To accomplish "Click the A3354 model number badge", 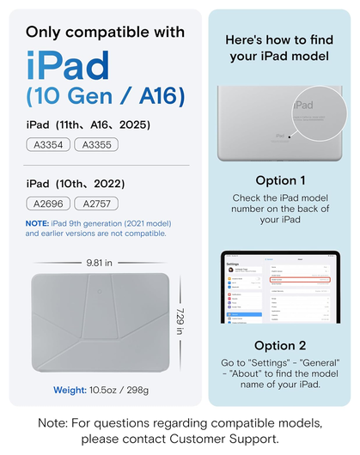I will pyautogui.click(x=48, y=144).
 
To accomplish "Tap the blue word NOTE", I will pyautogui.click(x=38, y=223).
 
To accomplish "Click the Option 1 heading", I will pyautogui.click(x=280, y=180).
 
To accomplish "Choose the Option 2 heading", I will pyautogui.click(x=280, y=345).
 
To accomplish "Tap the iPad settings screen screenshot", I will pyautogui.click(x=280, y=287).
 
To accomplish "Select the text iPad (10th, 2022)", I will pyautogui.click(x=76, y=183).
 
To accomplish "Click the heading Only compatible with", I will pyautogui.click(x=105, y=33).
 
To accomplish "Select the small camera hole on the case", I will pyautogui.click(x=101, y=288).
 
